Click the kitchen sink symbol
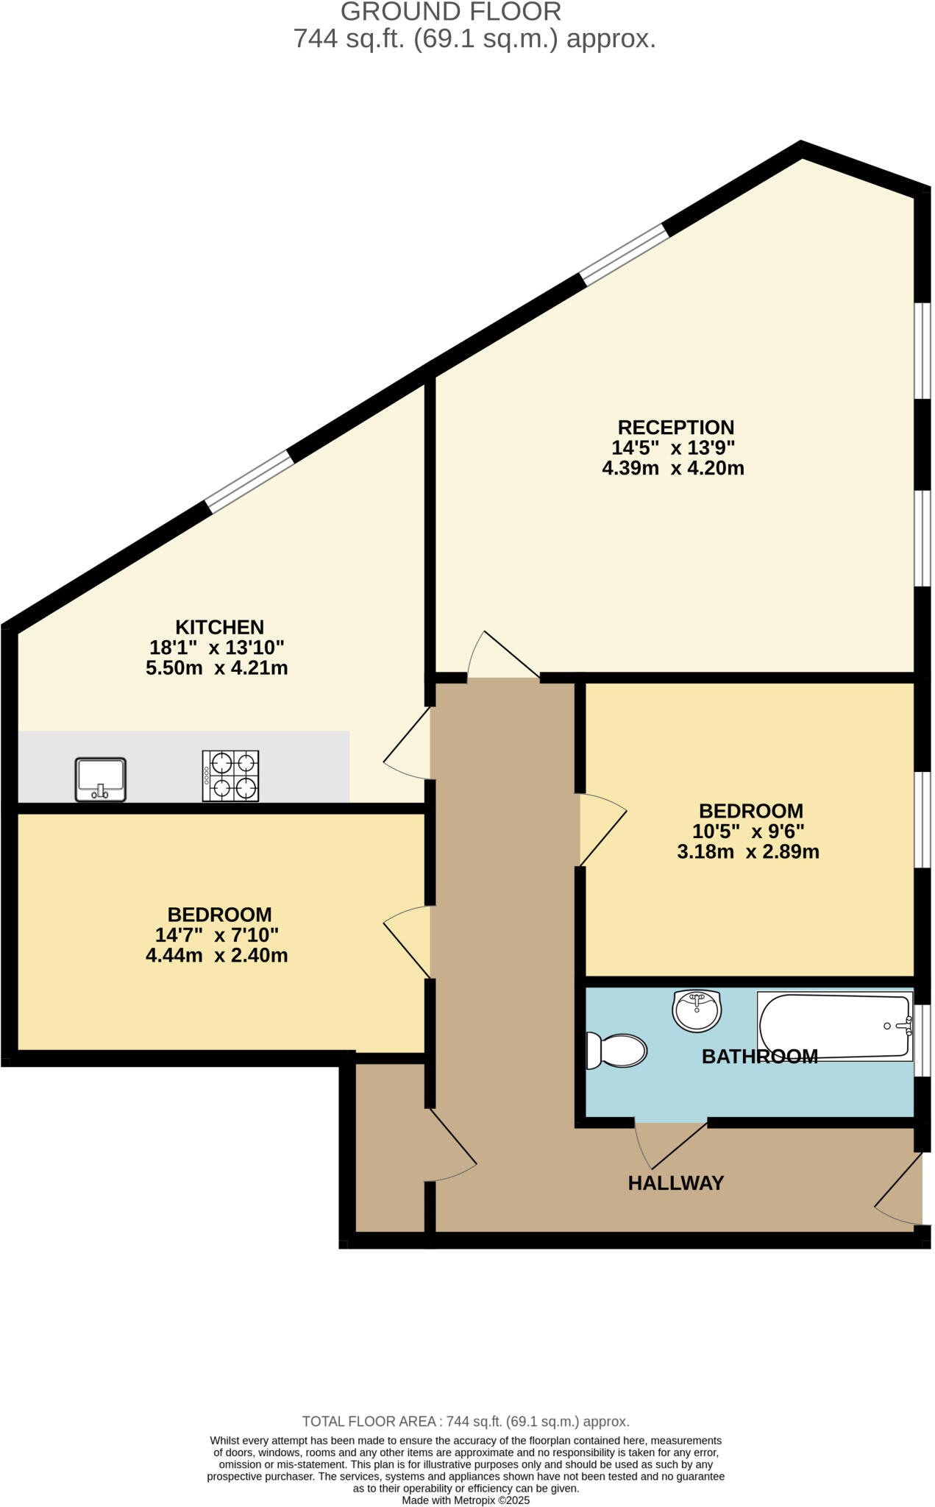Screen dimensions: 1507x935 tap(101, 779)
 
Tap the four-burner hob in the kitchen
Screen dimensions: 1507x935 tap(230, 776)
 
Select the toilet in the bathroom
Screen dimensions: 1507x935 tap(616, 1050)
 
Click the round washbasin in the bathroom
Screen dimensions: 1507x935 tap(696, 1010)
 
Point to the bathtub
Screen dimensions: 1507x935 tap(834, 1026)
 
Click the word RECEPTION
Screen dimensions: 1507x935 tap(675, 428)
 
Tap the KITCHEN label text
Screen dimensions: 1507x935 tap(219, 628)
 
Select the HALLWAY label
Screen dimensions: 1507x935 tap(675, 1183)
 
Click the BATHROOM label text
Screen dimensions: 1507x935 tap(759, 1057)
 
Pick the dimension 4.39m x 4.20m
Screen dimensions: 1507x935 tap(672, 469)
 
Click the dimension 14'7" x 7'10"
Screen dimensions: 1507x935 tap(216, 935)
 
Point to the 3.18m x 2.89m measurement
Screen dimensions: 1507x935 tap(747, 852)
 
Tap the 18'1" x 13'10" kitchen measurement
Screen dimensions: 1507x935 tap(216, 648)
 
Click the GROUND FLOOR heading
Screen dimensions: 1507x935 tap(450, 12)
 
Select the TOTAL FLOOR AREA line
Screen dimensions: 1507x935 tap(465, 1422)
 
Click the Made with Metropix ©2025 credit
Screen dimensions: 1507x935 tap(465, 1500)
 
